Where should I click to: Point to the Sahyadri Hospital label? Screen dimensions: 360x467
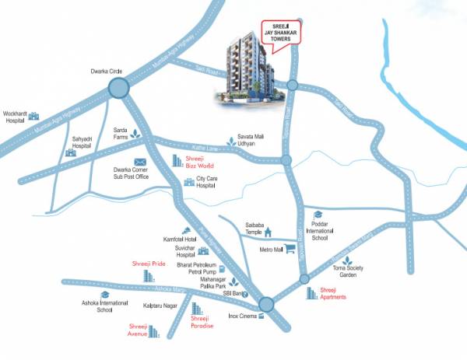click(x=82, y=142)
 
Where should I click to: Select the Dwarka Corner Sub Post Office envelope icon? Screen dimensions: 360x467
click(x=141, y=161)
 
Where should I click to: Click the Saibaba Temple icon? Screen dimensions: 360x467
click(x=268, y=231)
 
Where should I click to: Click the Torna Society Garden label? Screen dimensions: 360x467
click(x=349, y=271)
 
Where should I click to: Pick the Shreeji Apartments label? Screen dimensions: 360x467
click(x=339, y=293)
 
